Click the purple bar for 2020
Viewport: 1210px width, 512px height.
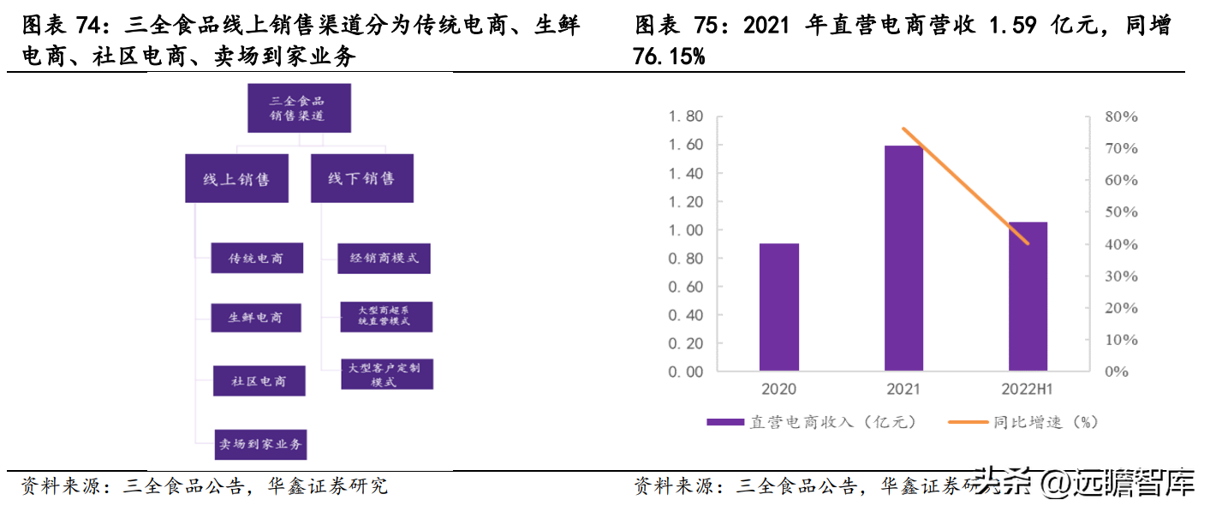point(778,307)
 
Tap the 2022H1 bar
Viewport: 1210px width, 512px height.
point(1028,296)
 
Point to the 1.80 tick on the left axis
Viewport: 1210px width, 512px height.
point(686,116)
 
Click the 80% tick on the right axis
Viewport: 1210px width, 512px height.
point(1121,116)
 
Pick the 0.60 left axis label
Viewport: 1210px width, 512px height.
point(686,287)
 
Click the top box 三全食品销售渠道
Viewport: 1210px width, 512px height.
point(299,108)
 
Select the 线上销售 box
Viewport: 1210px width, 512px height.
point(236,178)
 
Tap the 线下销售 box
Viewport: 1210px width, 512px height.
point(361,178)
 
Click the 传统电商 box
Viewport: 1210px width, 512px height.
point(256,258)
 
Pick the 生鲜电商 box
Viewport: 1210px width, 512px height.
point(257,318)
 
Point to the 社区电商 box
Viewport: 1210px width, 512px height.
point(259,381)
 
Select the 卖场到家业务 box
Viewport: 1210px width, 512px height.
point(259,444)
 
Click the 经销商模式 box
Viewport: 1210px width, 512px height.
point(383,258)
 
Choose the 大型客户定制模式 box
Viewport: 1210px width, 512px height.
point(386,374)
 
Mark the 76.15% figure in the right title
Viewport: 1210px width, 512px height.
point(669,57)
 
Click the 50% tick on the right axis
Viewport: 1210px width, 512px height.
point(1121,212)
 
